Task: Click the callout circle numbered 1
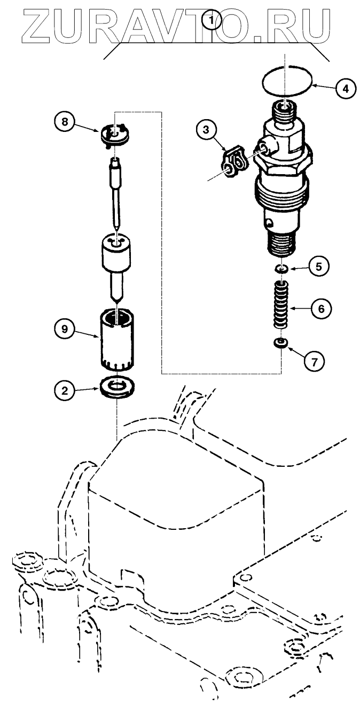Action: [213, 20]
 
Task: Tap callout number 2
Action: [64, 391]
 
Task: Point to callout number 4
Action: [345, 88]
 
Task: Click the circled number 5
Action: [318, 266]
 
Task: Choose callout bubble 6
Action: [322, 308]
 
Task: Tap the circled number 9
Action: [64, 330]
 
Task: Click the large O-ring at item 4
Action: [287, 82]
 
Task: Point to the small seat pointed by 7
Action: [280, 342]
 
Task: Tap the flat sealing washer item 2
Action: [117, 386]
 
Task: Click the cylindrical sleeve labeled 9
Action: [118, 340]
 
